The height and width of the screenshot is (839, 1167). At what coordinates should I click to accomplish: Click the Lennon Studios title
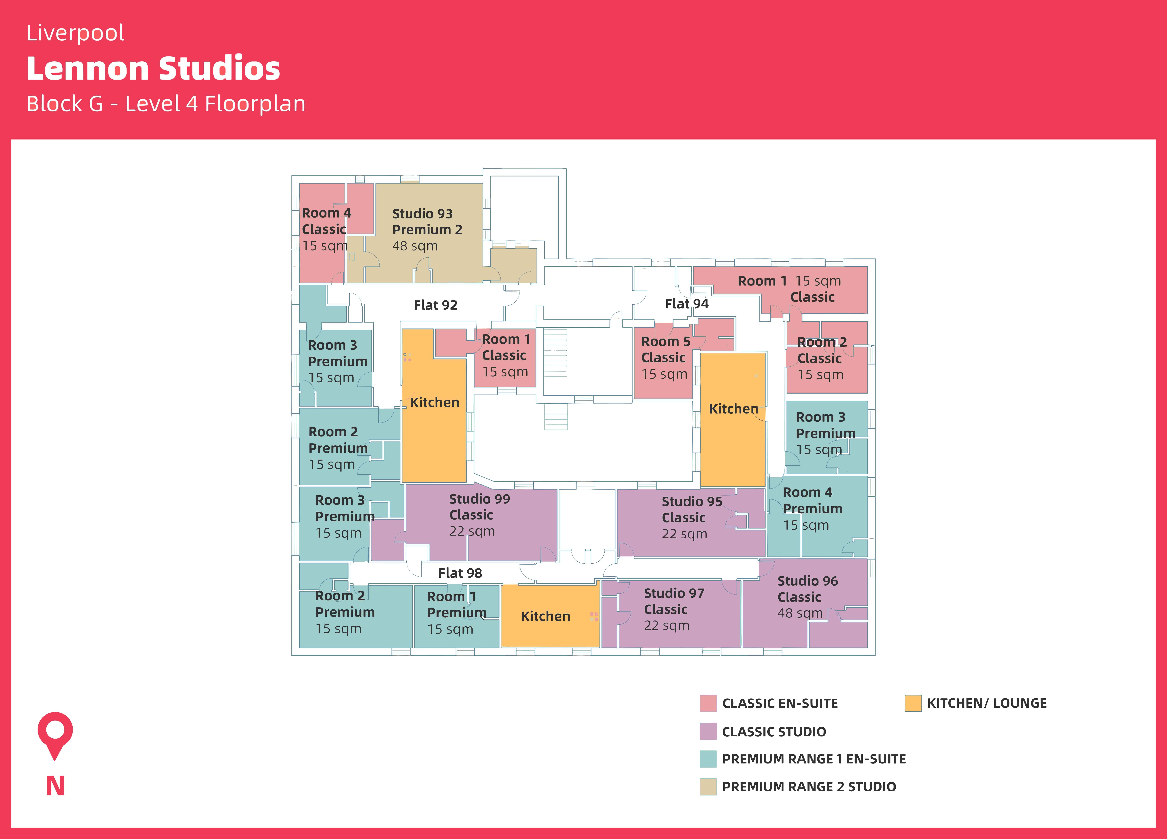pos(153,68)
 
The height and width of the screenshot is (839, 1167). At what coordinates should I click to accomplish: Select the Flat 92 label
pos(435,305)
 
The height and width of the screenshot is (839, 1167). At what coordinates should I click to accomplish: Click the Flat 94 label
pos(686,304)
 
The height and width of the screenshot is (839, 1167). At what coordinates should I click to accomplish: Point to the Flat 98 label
pos(460,573)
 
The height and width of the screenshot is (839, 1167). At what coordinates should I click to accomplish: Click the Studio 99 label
pos(479,499)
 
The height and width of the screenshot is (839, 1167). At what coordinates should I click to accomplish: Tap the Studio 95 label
pos(692,502)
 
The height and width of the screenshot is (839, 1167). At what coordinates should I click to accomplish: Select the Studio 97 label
pos(674,593)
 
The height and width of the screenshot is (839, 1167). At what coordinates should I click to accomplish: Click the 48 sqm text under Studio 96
pos(800,613)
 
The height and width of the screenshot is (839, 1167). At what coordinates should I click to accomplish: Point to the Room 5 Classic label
pos(665,349)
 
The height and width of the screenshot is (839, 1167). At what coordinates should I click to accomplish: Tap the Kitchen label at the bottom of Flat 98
pos(545,616)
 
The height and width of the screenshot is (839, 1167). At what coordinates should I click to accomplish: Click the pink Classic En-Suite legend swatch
pos(708,703)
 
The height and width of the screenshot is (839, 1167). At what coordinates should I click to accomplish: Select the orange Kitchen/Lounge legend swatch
pos(913,703)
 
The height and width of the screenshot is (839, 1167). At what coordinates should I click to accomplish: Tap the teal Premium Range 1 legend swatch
pos(708,759)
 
